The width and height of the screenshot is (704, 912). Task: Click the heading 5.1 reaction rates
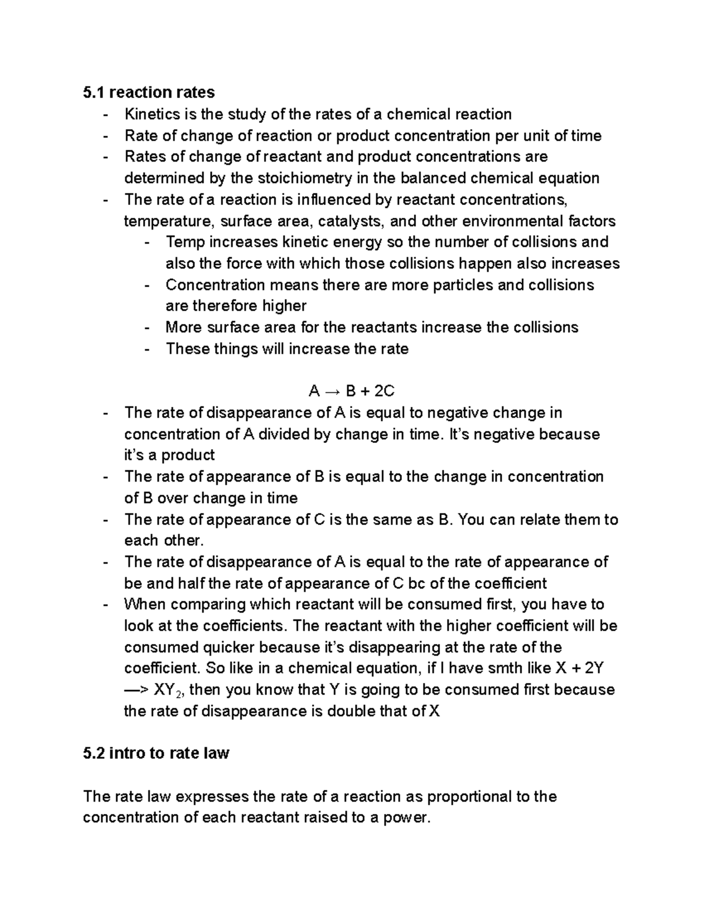click(149, 92)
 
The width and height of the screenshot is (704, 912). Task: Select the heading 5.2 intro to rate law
click(156, 753)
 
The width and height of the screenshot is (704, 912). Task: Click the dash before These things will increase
click(147, 349)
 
